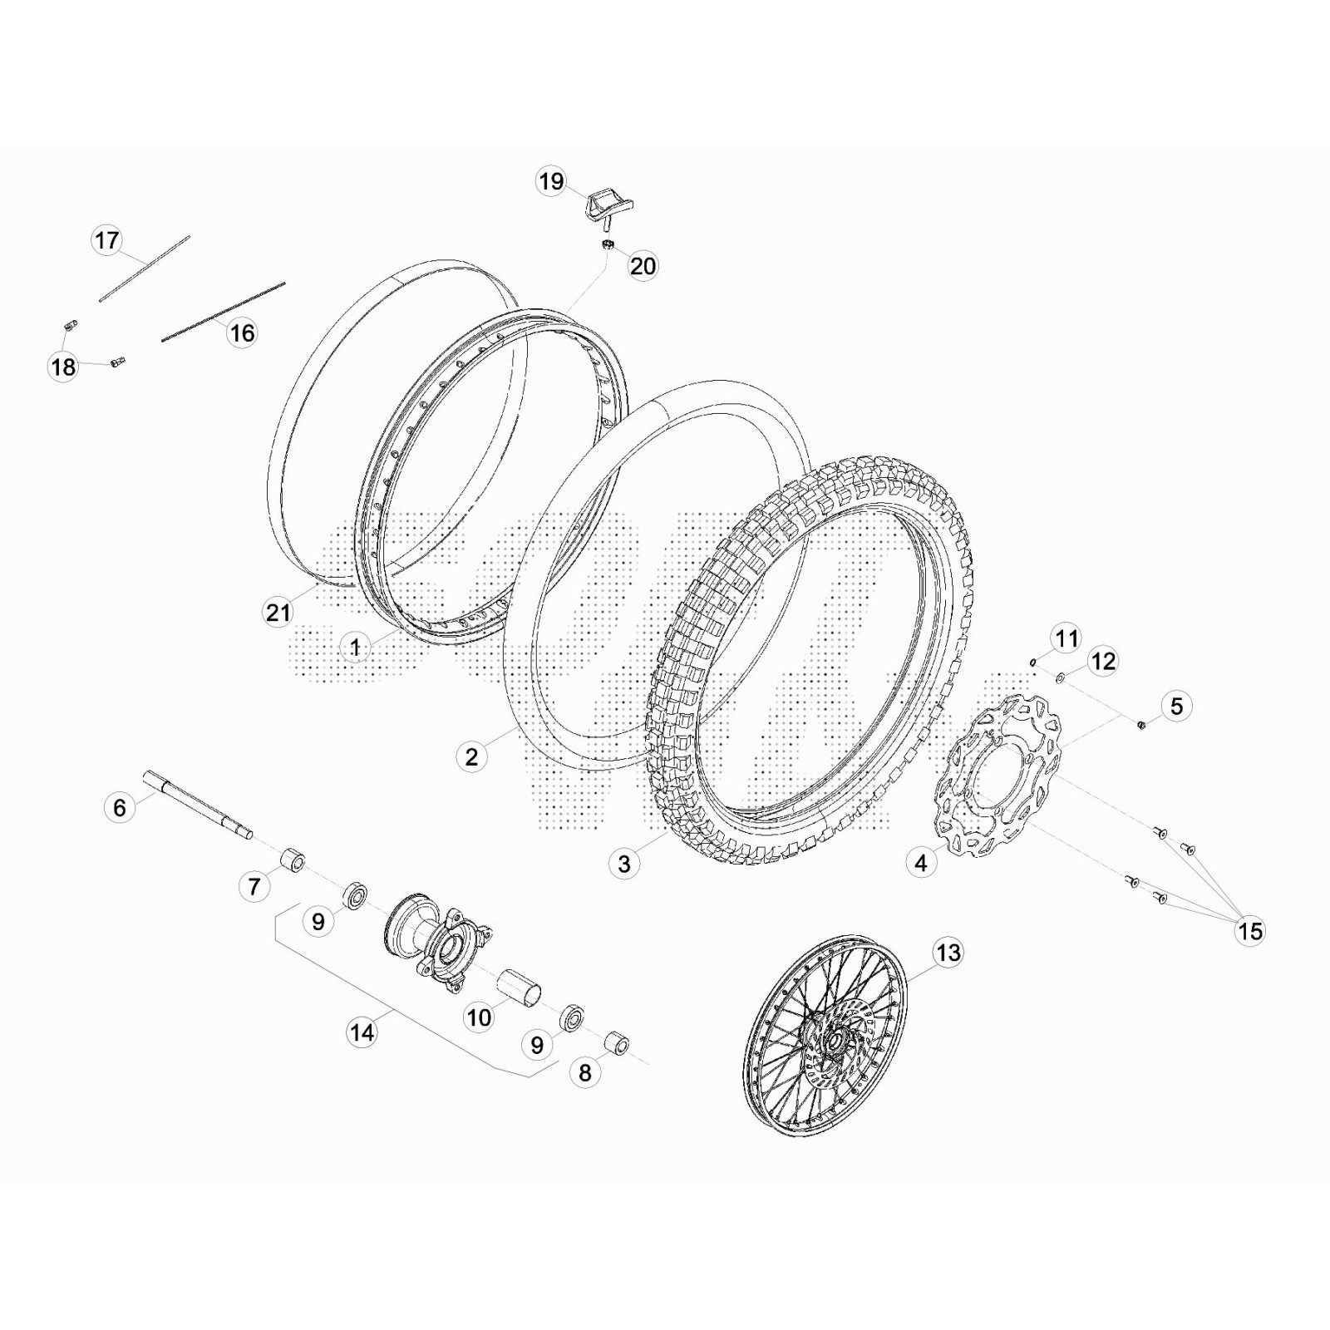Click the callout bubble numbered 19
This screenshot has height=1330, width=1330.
tap(551, 181)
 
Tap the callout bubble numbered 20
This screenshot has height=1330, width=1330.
tap(643, 266)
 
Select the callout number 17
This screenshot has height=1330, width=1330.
tap(106, 241)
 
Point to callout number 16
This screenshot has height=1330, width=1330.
tap(242, 333)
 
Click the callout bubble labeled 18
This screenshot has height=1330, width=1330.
tap(63, 367)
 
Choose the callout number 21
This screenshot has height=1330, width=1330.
tap(278, 613)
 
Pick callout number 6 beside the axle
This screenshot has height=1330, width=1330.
tap(120, 807)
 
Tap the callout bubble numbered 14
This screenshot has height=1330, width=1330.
tap(362, 1032)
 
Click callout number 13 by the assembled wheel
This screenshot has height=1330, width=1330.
tap(948, 953)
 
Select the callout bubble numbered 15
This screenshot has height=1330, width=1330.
tap(1249, 932)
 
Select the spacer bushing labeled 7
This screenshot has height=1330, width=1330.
tap(291, 860)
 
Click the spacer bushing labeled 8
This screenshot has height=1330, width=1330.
tap(616, 1044)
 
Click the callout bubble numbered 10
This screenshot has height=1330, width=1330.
tap(478, 1017)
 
